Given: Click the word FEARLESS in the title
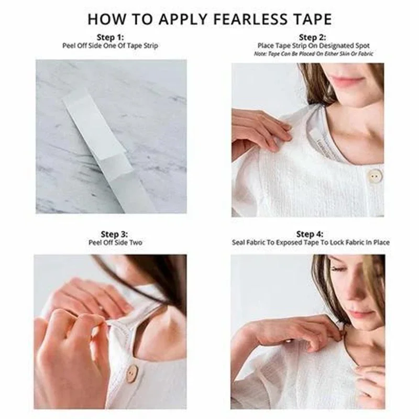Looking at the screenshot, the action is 246,19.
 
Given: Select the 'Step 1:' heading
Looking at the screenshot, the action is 110,37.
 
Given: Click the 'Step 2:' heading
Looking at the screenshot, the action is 312,37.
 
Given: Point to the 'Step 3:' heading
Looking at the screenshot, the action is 114,234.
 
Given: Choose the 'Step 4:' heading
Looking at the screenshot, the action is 310,234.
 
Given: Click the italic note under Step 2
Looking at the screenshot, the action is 313,54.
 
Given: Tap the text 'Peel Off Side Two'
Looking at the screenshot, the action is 115,242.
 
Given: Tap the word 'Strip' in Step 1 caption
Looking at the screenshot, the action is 151,46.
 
